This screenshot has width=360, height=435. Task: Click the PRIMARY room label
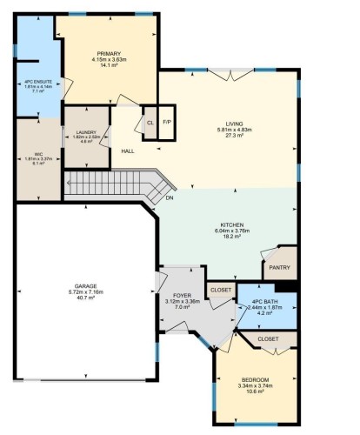(x=109, y=53)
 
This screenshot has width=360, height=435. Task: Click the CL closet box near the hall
(x=150, y=123)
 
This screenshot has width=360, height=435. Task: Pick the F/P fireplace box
(x=167, y=123)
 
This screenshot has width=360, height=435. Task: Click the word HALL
(x=128, y=151)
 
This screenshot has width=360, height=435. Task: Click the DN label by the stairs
(x=170, y=197)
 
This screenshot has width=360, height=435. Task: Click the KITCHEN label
(x=228, y=224)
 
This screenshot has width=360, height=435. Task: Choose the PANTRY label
(x=278, y=268)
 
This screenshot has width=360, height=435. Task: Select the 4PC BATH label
(x=266, y=301)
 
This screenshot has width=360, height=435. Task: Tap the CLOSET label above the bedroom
(x=267, y=338)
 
